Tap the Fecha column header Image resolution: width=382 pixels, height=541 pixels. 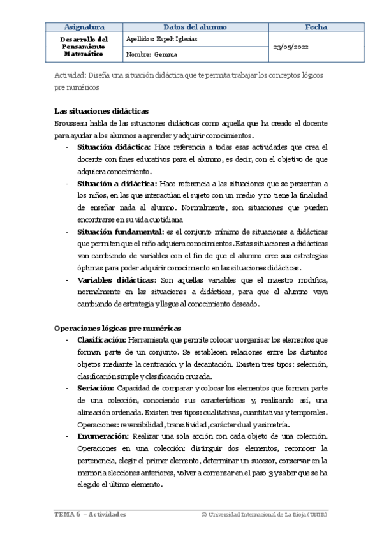pos(316,27)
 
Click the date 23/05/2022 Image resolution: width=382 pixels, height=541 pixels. pos(293,47)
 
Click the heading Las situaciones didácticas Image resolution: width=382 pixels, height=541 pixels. pos(102,110)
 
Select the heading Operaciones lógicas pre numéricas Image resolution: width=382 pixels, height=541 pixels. pos(118,327)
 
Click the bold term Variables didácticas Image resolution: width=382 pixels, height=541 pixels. pos(115,281)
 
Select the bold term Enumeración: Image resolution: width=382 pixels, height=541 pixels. pos(103,436)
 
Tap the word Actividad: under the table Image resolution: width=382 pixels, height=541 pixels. pos(71,75)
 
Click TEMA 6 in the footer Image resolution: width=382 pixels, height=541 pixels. pos(66,514)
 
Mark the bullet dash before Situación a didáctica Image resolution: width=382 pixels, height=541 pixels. pos(68,184)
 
